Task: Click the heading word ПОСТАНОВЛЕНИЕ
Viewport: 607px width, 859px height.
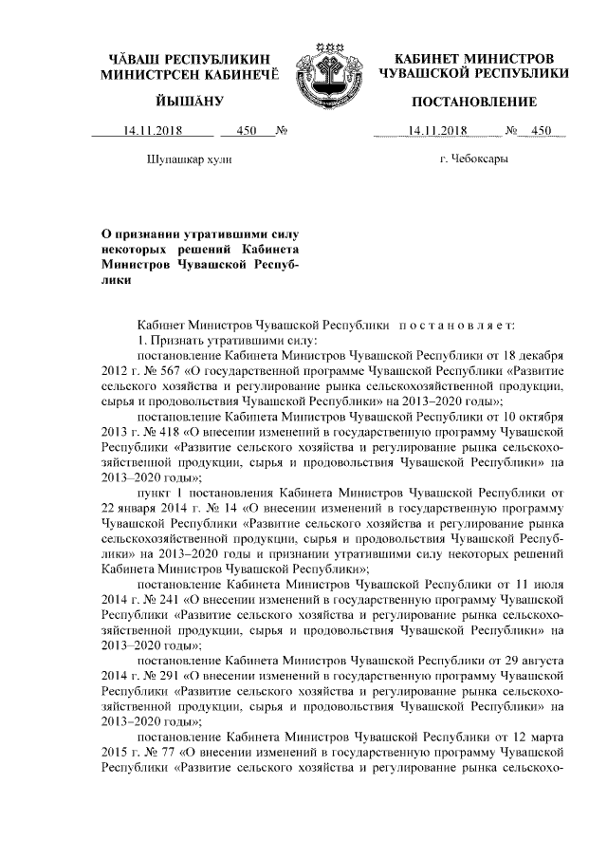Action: tap(473, 102)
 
